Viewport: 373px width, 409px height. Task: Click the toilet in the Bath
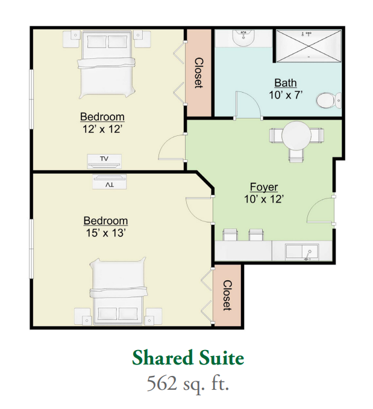coord(329,100)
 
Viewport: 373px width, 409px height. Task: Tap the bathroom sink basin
coord(243,38)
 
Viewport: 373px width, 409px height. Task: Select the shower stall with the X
coord(309,46)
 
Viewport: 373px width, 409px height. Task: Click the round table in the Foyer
coord(296,136)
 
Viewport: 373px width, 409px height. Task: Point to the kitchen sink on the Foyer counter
coord(302,252)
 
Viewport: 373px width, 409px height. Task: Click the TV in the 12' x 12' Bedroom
coord(104,161)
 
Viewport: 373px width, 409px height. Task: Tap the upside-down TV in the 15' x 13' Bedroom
coord(110,182)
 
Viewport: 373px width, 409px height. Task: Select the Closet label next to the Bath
coord(198,73)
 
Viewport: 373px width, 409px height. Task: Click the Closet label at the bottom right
coord(227,295)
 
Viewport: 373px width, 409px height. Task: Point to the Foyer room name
coord(264,187)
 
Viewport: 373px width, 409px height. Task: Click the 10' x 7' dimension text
coord(286,95)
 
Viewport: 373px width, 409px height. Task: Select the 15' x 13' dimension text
coord(106,233)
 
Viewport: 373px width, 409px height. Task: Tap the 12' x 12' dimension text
coord(102,129)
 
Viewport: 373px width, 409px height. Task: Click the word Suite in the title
coord(221,358)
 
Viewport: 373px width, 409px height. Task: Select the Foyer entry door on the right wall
coord(321,211)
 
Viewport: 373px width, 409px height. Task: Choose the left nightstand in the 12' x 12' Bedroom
coord(71,39)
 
